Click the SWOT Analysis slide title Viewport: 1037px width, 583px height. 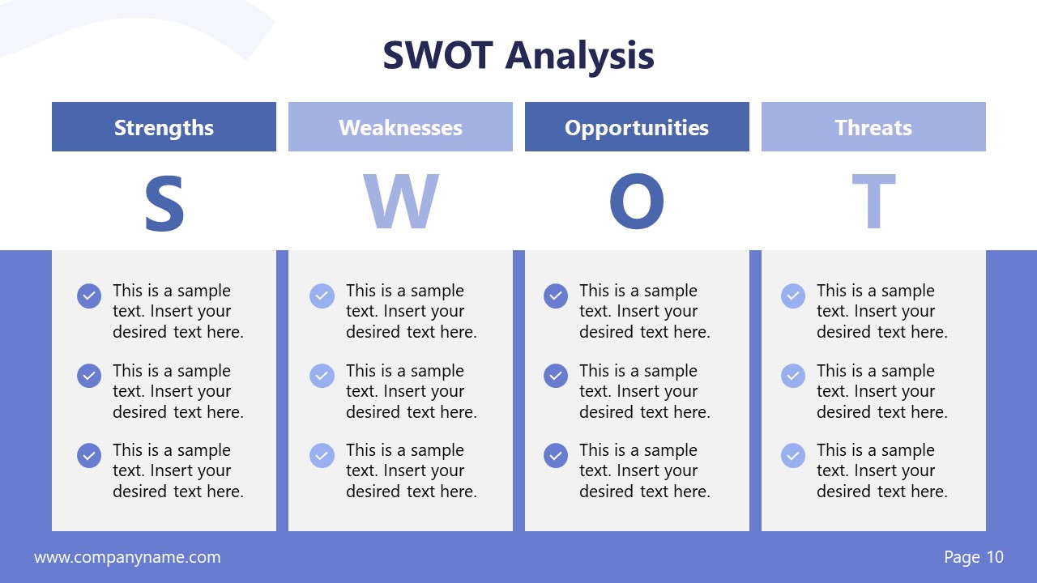pos(518,56)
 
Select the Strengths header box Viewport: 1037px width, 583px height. pos(164,127)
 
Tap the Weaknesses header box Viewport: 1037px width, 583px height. pos(400,127)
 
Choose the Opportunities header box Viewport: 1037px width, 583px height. pos(637,127)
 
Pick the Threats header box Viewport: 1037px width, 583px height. pos(873,127)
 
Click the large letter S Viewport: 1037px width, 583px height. pos(164,202)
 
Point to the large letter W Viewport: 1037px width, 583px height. pos(400,202)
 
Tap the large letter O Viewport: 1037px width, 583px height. pos(637,202)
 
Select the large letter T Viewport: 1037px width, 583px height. pos(873,202)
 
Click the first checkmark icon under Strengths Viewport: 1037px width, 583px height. pos(89,296)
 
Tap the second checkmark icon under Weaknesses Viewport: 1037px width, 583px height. pos(322,376)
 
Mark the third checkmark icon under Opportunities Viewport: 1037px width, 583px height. pos(556,455)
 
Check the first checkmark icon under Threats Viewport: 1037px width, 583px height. pos(793,296)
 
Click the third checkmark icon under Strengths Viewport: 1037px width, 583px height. pos(89,455)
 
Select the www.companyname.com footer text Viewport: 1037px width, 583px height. pos(127,557)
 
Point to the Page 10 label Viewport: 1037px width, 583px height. pos(974,557)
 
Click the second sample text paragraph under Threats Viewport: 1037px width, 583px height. pos(881,391)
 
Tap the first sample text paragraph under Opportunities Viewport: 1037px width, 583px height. pos(644,311)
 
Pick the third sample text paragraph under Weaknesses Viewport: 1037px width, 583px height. pos(411,470)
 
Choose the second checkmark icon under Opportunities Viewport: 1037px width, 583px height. pos(556,376)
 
